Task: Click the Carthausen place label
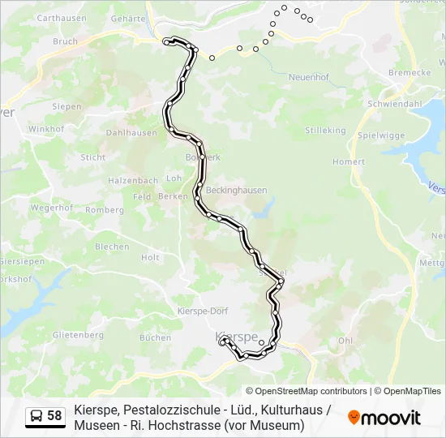pos(62,17)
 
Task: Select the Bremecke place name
pos(410,72)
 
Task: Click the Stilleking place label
pos(325,130)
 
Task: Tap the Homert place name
pos(349,161)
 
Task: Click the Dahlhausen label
pos(131,132)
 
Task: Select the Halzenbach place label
pos(133,180)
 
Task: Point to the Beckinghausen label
pos(236,190)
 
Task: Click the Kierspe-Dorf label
pos(203,311)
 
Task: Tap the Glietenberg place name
pos(78,334)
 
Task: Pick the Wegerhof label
pos(53,208)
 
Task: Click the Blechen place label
pos(112,247)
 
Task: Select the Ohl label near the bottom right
pos(345,341)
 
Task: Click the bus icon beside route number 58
pos(36,416)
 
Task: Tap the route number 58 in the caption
pos(54,416)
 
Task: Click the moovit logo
pos(384,418)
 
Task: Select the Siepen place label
pos(66,106)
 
